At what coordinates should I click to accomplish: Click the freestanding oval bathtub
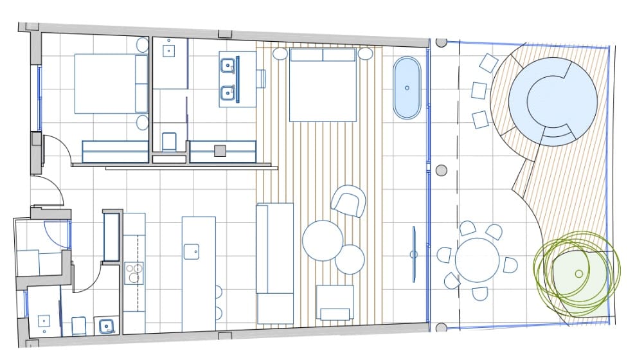coord(407,88)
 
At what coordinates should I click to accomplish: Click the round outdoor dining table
coord(477,260)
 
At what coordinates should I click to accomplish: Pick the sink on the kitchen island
coord(191,251)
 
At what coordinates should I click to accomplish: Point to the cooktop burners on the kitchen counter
coord(134,273)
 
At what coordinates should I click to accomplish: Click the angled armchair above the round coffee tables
coord(348,201)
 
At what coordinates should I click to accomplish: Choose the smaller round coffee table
coord(350,259)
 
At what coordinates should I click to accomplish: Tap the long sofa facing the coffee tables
coord(274,263)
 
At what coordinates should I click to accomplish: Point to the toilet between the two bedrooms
coord(170,141)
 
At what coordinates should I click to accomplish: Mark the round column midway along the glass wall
coord(441,170)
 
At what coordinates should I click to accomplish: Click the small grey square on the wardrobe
coord(220,150)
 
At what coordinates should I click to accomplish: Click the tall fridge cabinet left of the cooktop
coord(112,237)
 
